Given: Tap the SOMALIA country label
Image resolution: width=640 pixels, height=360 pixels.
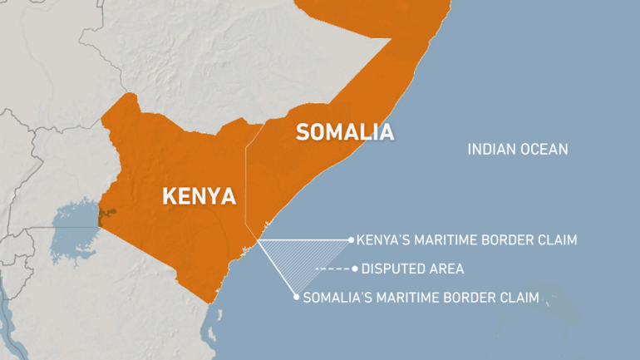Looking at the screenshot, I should (344, 132).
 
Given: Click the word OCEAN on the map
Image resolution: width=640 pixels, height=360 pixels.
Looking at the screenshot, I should (544, 150).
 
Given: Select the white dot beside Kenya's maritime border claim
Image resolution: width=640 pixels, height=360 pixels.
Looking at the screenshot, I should (351, 239).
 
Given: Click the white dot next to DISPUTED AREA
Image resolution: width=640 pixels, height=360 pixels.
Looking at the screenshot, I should (355, 269).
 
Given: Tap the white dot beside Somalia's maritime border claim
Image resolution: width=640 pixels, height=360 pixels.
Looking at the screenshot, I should (297, 296).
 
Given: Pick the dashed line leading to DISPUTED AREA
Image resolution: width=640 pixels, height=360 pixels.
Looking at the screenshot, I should (333, 269).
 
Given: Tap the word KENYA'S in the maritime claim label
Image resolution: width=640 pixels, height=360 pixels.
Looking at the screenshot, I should (388, 239).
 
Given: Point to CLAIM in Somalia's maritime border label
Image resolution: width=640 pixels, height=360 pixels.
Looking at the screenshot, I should (519, 296).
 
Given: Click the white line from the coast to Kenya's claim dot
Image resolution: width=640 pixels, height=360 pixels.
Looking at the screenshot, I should (308, 239).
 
